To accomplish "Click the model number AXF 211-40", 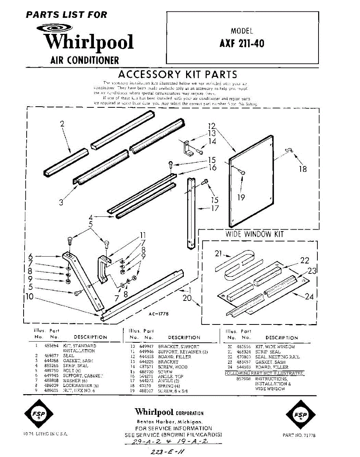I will pyautogui.click(x=242, y=43).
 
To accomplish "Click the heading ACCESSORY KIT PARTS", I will pyautogui.click(x=177, y=74).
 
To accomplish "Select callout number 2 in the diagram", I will pyautogui.click(x=62, y=123).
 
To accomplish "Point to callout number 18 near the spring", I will pyautogui.click(x=303, y=168).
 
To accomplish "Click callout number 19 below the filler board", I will pyautogui.click(x=241, y=197).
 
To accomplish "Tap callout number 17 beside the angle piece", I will pyautogui.click(x=215, y=208).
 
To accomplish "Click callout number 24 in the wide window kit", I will pyautogui.click(x=309, y=296).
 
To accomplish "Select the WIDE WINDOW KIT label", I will pyautogui.click(x=255, y=234).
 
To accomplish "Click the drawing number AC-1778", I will pyautogui.click(x=159, y=314).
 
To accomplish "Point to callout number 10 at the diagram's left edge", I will pyautogui.click(x=30, y=297).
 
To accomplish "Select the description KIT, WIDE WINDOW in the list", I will pyautogui.click(x=275, y=347).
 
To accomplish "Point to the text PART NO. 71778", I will pyautogui.click(x=299, y=435).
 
